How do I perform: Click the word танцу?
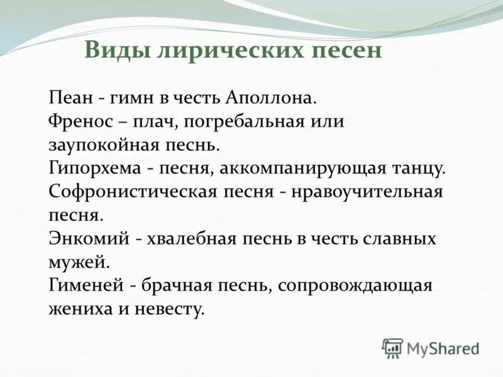[x=421, y=168]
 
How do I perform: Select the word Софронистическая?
[x=130, y=192]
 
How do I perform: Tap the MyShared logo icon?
[x=392, y=347]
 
